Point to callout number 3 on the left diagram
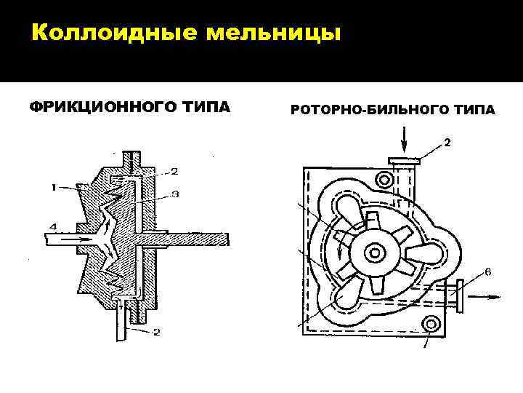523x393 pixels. tap(175, 194)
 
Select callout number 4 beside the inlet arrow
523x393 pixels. tap(52, 228)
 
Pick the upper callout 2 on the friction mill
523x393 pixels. tap(174, 171)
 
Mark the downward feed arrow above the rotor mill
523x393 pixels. tap(405, 136)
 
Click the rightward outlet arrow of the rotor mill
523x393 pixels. tap(481, 295)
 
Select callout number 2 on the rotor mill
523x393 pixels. tap(447, 143)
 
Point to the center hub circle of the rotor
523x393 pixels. tap(376, 253)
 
